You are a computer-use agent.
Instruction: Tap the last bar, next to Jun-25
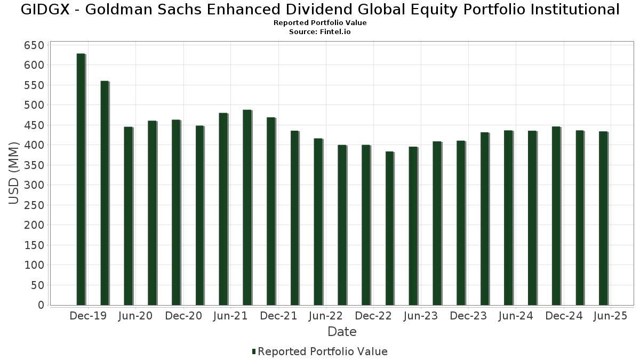603,218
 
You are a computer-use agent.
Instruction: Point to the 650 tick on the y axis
34,45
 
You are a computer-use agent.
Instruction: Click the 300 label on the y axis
34,185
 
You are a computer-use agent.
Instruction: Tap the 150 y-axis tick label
34,245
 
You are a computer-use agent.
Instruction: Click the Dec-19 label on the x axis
88,316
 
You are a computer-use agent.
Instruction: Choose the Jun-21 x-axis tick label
230,316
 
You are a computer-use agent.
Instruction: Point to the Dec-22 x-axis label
373,316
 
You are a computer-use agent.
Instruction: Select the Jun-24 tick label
516,316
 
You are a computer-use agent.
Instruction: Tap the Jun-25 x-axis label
611,316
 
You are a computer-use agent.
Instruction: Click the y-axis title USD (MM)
14,173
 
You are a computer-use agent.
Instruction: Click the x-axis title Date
342,332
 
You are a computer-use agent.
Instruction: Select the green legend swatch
254,351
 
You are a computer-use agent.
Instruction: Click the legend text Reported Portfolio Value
323,351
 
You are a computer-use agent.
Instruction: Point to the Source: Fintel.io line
320,32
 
